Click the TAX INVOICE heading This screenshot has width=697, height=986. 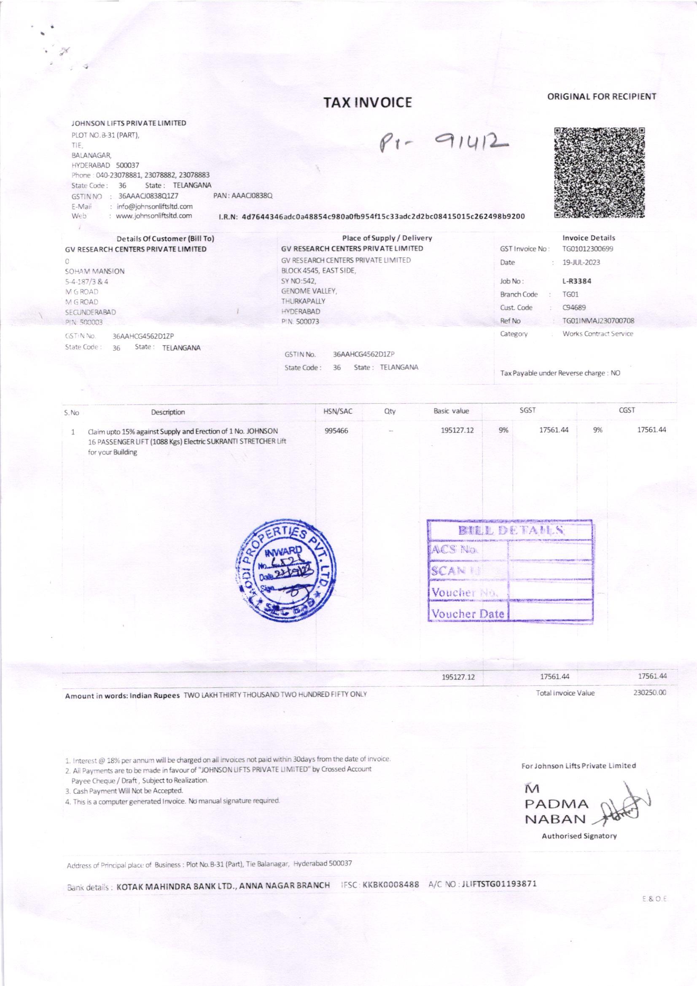367,102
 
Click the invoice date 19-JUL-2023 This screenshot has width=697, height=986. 581,262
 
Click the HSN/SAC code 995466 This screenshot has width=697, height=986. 337,431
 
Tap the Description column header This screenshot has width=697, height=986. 168,412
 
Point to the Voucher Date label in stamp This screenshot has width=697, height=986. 467,614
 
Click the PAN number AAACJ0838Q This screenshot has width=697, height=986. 243,196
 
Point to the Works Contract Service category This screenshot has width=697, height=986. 597,334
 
